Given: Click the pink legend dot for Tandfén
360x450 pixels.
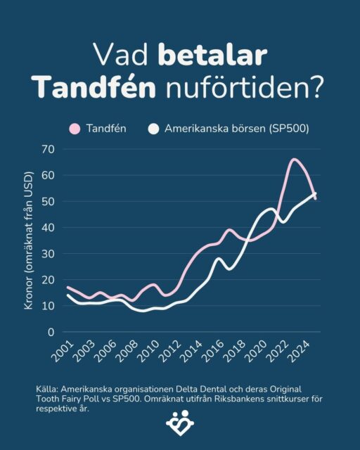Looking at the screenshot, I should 74,129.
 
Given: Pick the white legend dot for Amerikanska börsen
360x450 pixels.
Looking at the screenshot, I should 153,129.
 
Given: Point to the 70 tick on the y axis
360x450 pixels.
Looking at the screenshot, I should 48,149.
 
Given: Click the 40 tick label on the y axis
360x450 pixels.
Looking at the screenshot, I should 48,227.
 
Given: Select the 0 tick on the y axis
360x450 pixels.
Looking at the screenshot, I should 51,332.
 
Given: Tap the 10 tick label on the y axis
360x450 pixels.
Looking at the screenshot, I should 48,306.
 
